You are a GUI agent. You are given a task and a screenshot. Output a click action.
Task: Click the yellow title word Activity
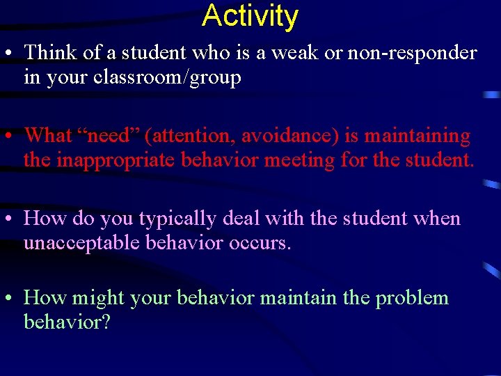(x=250, y=16)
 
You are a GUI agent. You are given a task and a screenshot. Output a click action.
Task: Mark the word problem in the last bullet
(x=412, y=299)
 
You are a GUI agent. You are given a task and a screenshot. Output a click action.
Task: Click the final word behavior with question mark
(x=67, y=323)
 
